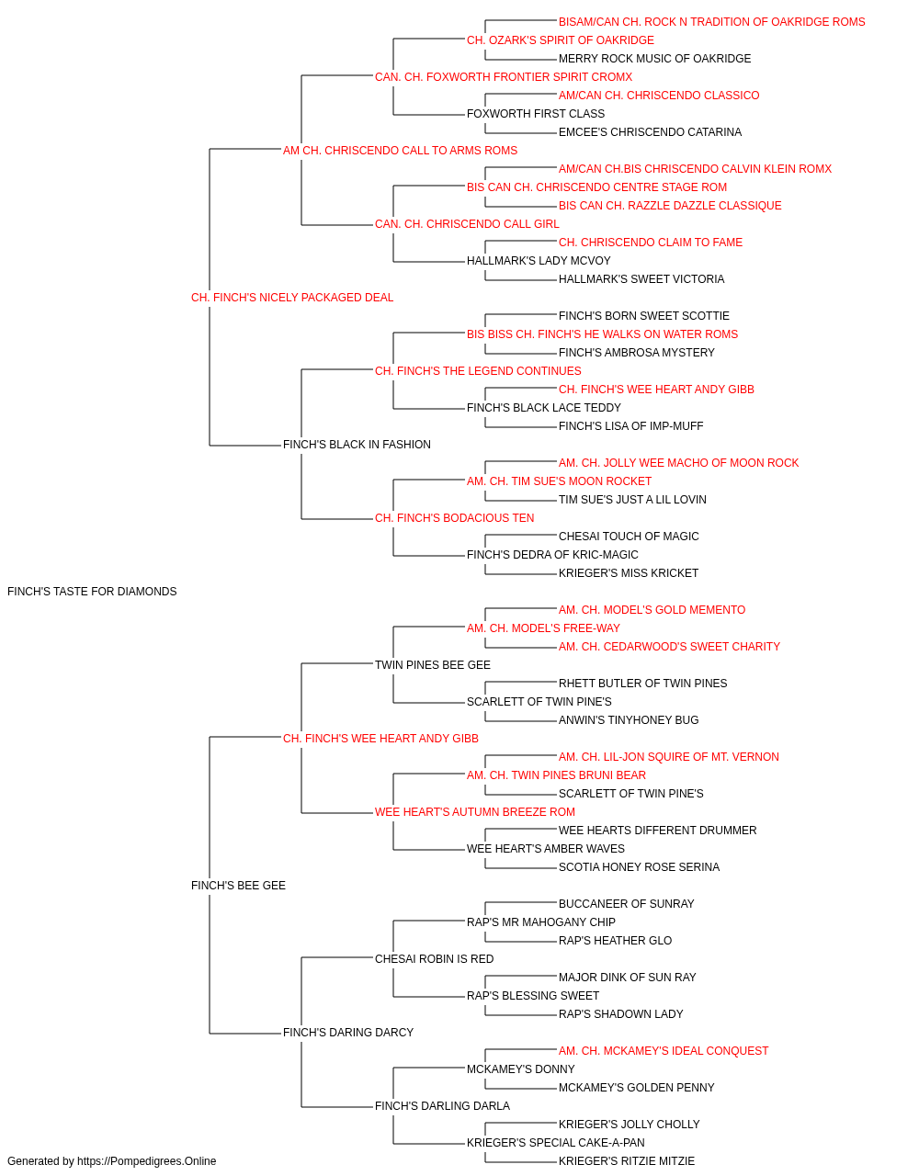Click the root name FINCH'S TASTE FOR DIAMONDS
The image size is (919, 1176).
point(92,592)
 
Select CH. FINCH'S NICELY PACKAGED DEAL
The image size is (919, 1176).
point(292,298)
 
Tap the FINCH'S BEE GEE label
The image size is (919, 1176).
point(238,886)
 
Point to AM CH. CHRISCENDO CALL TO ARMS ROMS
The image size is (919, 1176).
point(400,151)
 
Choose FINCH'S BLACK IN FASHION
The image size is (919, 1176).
point(357,445)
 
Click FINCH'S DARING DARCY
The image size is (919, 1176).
point(348,1032)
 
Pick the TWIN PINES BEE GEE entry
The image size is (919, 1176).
point(433,664)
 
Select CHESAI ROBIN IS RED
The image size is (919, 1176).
point(434,958)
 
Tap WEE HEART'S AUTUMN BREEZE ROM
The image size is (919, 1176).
point(474,812)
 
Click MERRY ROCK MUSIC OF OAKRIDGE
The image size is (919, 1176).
point(654,59)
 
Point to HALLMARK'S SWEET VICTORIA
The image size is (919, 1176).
point(641,278)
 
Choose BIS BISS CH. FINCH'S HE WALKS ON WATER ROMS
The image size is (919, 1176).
point(602,334)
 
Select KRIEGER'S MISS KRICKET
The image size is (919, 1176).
point(629,572)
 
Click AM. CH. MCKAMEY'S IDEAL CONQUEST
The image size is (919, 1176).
point(664,1050)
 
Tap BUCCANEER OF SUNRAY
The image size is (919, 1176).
point(626,904)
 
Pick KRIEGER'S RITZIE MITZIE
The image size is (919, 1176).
point(627,1161)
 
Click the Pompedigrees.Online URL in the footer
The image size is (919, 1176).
point(146,1161)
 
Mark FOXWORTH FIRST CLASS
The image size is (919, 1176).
point(536,114)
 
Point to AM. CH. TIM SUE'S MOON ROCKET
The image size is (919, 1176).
point(559,481)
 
